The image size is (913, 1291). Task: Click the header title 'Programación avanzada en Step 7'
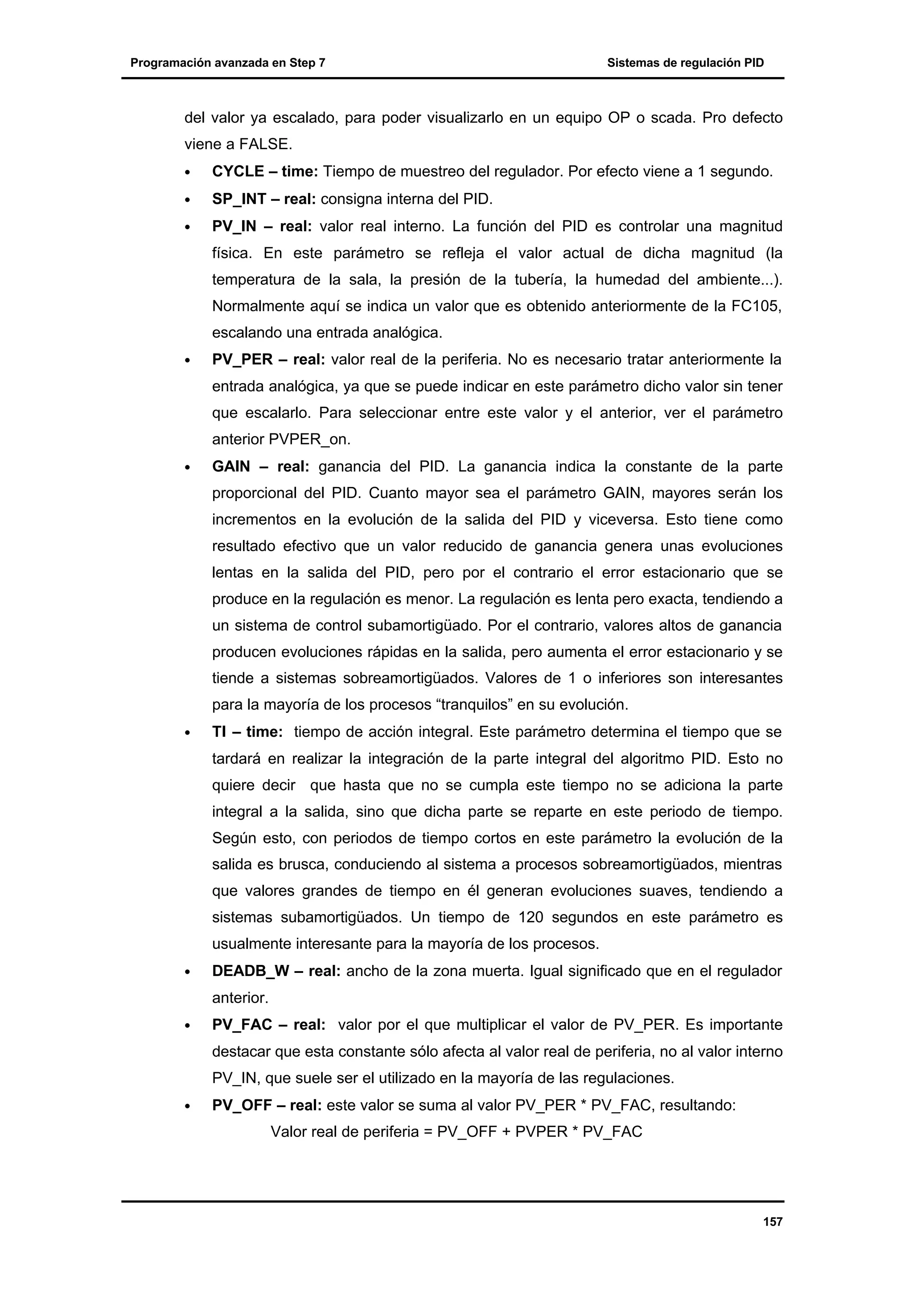click(227, 63)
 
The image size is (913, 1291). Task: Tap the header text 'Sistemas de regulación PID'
click(685, 63)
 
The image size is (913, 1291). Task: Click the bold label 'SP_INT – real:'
click(264, 199)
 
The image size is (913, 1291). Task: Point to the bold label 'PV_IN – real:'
click(262, 226)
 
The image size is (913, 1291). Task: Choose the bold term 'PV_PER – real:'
click(268, 360)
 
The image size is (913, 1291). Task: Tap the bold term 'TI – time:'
click(247, 732)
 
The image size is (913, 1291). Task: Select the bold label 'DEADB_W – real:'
click(276, 971)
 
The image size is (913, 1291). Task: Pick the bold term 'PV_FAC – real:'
click(268, 1025)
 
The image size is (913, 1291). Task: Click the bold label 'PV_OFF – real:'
click(267, 1105)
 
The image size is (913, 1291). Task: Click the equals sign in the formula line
click(428, 1132)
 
